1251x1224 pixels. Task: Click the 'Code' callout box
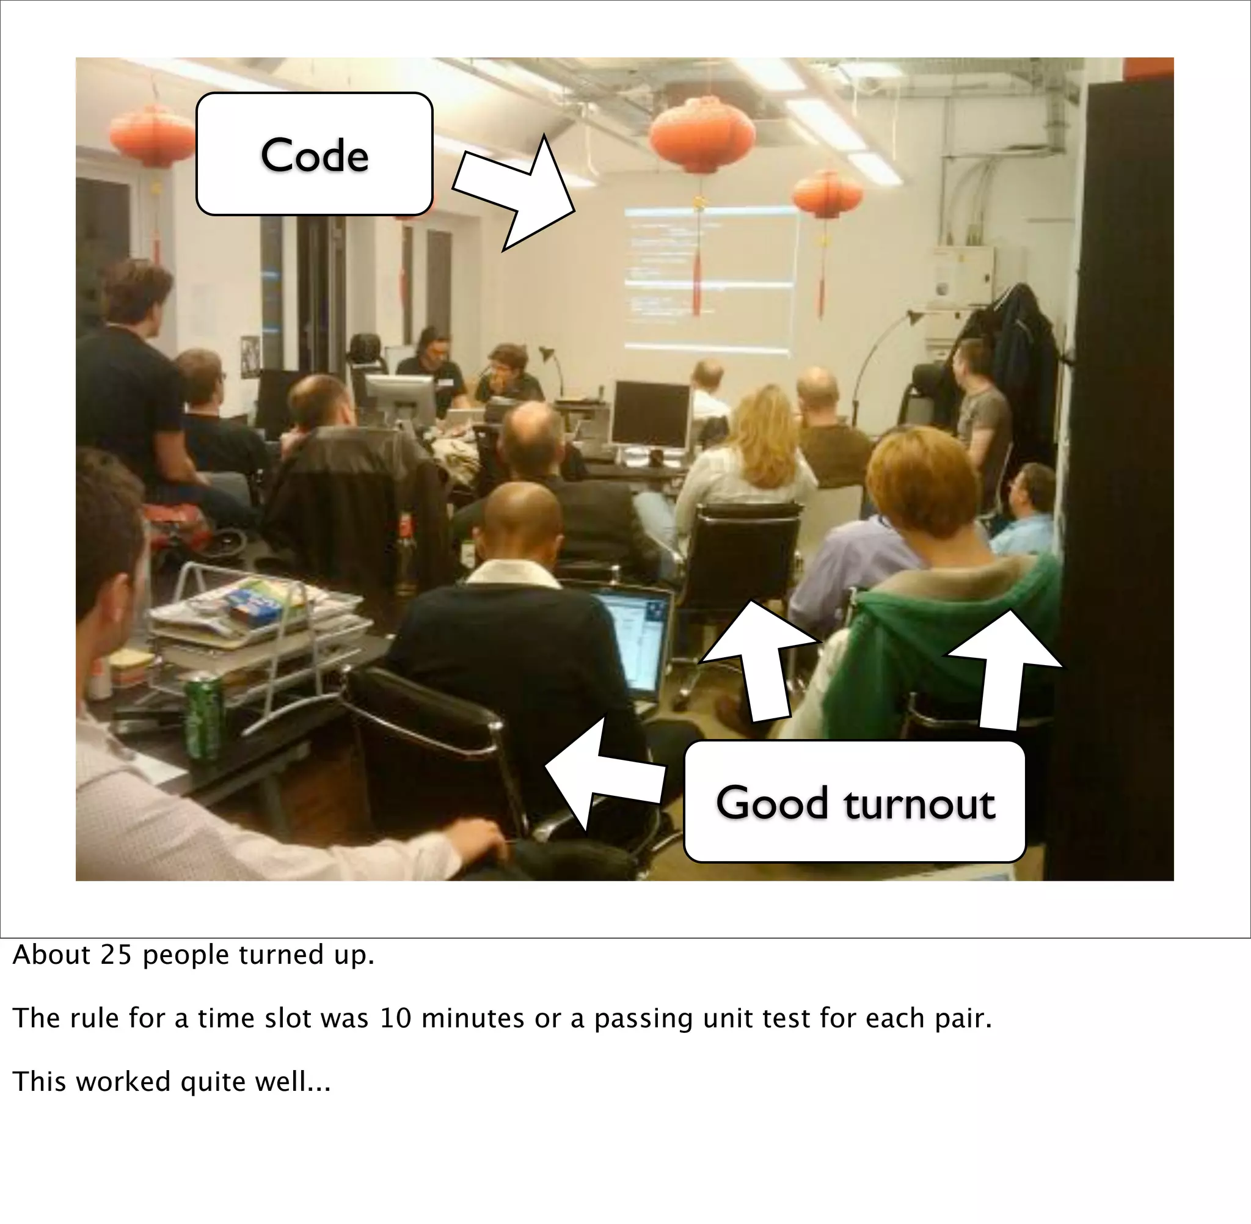pyautogui.click(x=314, y=154)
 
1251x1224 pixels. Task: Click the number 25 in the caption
pyautogui.click(x=115, y=955)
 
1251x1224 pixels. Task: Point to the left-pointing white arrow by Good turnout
pyautogui.click(x=598, y=771)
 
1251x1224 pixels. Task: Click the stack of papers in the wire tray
pyautogui.click(x=257, y=617)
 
